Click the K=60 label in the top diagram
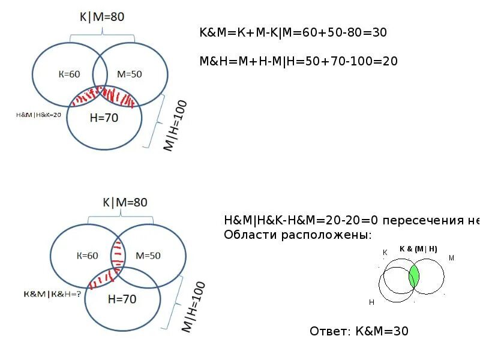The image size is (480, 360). click(x=69, y=74)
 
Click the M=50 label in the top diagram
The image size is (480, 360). click(x=129, y=74)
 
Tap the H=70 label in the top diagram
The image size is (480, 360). click(x=104, y=118)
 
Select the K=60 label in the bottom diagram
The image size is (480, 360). click(x=87, y=256)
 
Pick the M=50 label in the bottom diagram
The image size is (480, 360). click(x=148, y=256)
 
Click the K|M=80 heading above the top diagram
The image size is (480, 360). click(x=101, y=17)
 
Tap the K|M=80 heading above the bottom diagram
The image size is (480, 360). click(x=125, y=203)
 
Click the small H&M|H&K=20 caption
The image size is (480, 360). click(x=38, y=114)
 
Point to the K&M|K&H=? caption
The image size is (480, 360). click(x=52, y=294)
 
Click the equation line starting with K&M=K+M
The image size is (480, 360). click(x=293, y=34)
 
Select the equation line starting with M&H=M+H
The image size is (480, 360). click(x=299, y=61)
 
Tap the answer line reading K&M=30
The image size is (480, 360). click(x=359, y=331)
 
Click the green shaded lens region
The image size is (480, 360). click(x=413, y=277)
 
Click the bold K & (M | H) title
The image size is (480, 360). click(x=418, y=249)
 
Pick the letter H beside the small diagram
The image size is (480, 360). click(x=372, y=303)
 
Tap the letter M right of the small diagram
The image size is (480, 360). click(x=451, y=258)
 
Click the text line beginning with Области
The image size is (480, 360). click(x=298, y=234)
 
